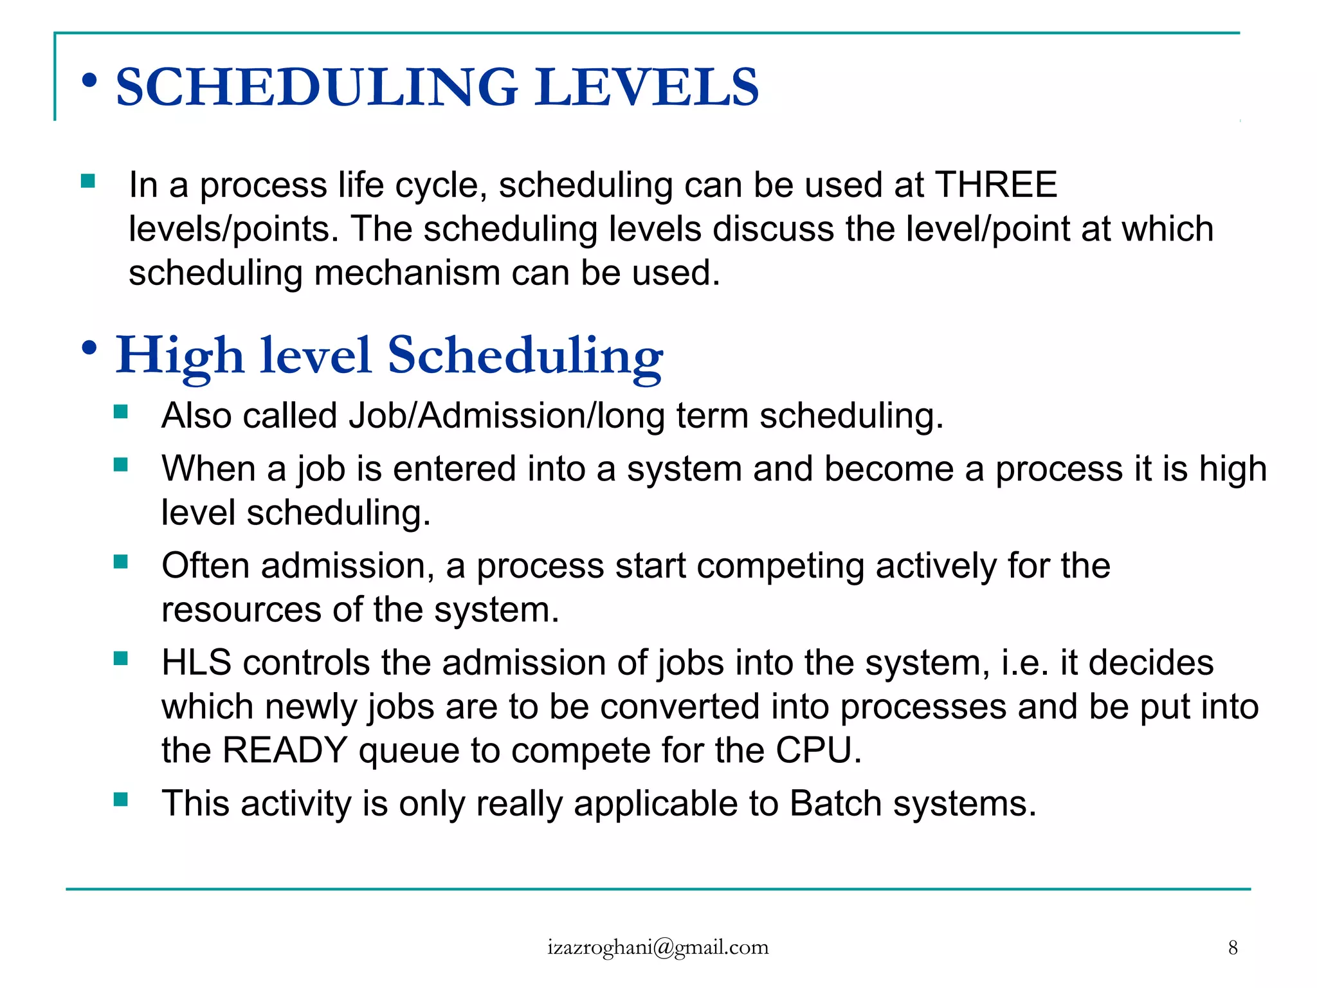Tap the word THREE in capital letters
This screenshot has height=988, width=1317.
[995, 185]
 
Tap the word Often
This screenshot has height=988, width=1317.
[205, 566]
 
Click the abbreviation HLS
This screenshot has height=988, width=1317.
[196, 663]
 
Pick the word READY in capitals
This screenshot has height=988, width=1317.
[285, 750]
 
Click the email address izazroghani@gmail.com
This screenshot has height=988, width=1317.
[658, 947]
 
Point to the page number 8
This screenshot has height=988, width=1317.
[1233, 947]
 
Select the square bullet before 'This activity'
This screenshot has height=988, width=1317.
[120, 800]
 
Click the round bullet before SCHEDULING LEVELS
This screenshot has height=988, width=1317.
[89, 81]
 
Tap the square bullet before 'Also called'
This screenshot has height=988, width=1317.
[120, 412]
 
